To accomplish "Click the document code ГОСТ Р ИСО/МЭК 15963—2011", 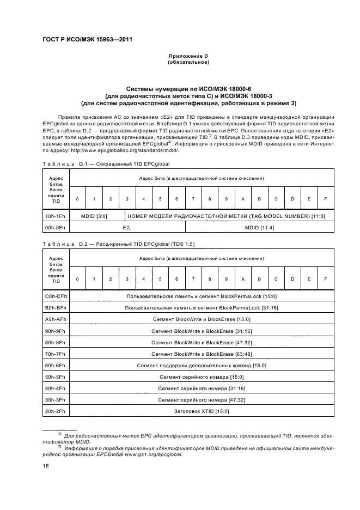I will tap(87, 40).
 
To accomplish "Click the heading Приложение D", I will tap(188, 56).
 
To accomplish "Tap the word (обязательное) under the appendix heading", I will tap(188, 62).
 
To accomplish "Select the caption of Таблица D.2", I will tap(118, 244).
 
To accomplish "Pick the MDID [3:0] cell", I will tap(94, 216).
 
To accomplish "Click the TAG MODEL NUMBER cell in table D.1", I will tap(226, 216).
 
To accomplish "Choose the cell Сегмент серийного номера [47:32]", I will tap(201, 399).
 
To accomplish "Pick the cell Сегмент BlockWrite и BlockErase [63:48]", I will tap(201, 354).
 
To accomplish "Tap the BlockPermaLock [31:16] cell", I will tap(201, 308).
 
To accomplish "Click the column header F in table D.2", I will tap(325, 278).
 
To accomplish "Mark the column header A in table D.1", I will tap(243, 198).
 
